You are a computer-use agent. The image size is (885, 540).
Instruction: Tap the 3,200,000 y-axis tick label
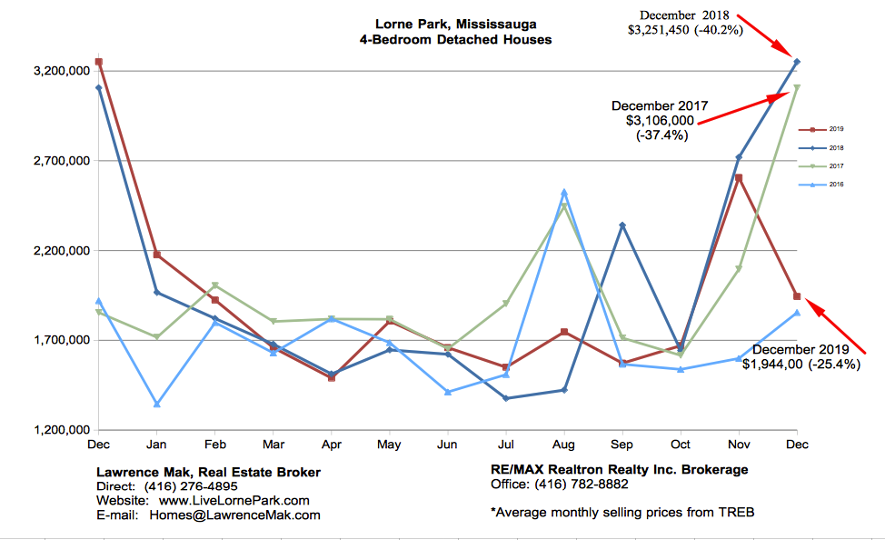54,72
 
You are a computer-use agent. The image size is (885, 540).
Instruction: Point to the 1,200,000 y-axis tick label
54,430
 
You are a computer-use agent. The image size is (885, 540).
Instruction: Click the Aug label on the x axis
564,445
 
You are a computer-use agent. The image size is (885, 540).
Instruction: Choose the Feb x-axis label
214,445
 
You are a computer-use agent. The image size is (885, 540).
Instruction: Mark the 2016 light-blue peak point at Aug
564,193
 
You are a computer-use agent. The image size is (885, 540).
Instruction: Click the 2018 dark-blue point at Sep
622,225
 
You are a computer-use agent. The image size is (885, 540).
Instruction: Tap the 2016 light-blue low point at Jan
157,404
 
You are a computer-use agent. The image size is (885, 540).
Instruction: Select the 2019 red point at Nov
739,178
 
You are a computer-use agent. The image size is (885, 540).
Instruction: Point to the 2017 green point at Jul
506,304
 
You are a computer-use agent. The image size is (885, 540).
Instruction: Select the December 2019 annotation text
800,357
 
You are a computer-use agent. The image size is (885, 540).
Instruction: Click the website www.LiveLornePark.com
234,501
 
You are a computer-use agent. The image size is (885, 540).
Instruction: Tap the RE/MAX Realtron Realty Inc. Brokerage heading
618,470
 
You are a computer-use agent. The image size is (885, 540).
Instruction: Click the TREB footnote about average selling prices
622,512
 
